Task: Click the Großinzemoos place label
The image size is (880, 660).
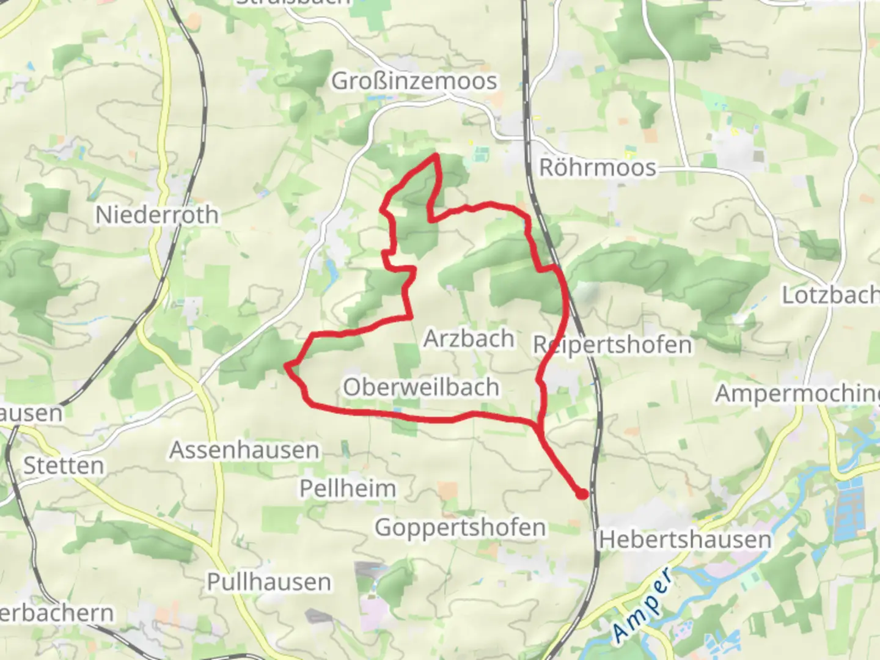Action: pyautogui.click(x=414, y=81)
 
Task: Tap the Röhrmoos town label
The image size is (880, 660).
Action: pyautogui.click(x=597, y=167)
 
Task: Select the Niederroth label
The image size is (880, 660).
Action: pyautogui.click(x=157, y=215)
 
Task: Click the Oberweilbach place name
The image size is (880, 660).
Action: pyautogui.click(x=421, y=387)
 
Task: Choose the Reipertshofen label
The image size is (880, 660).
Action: pyautogui.click(x=612, y=345)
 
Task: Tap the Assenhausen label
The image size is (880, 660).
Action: pyautogui.click(x=244, y=450)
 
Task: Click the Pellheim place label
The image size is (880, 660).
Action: pyautogui.click(x=348, y=488)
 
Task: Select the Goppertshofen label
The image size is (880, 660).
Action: pyautogui.click(x=460, y=527)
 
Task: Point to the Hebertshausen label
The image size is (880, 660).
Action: pyautogui.click(x=685, y=540)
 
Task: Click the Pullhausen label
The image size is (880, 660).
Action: pyautogui.click(x=269, y=582)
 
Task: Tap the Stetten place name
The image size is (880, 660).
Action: pyautogui.click(x=64, y=466)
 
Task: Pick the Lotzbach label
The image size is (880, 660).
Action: pyautogui.click(x=830, y=295)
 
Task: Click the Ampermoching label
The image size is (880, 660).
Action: pyautogui.click(x=798, y=394)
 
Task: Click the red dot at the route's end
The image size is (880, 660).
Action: pyautogui.click(x=582, y=494)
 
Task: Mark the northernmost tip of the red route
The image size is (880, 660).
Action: pyautogui.click(x=436, y=155)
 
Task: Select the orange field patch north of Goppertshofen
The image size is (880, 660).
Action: pyautogui.click(x=447, y=490)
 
